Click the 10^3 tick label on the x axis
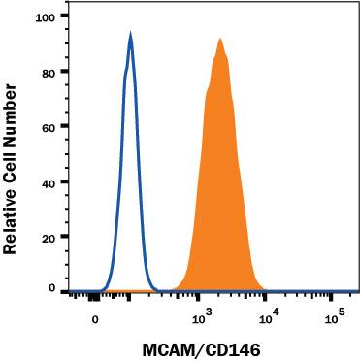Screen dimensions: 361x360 [x=200, y=318]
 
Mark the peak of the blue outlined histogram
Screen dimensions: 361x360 [x=130, y=34]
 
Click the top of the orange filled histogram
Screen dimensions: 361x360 [x=221, y=40]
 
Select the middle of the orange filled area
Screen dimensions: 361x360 [x=221, y=194]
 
